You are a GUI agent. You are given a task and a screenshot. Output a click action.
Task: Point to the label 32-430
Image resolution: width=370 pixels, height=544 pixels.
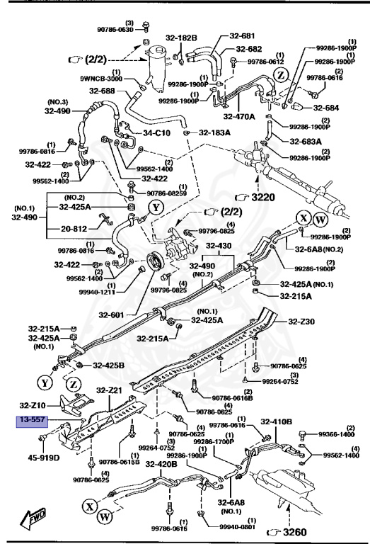pos(219,246)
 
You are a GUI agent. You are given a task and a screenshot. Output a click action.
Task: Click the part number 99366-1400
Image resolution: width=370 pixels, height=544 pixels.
pos(336,433)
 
